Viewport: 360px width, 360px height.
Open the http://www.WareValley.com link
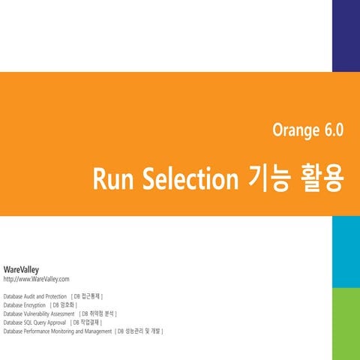[x=37, y=279]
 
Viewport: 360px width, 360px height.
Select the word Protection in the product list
[x=61, y=297]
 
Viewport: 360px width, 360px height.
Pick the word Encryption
[x=37, y=305]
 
